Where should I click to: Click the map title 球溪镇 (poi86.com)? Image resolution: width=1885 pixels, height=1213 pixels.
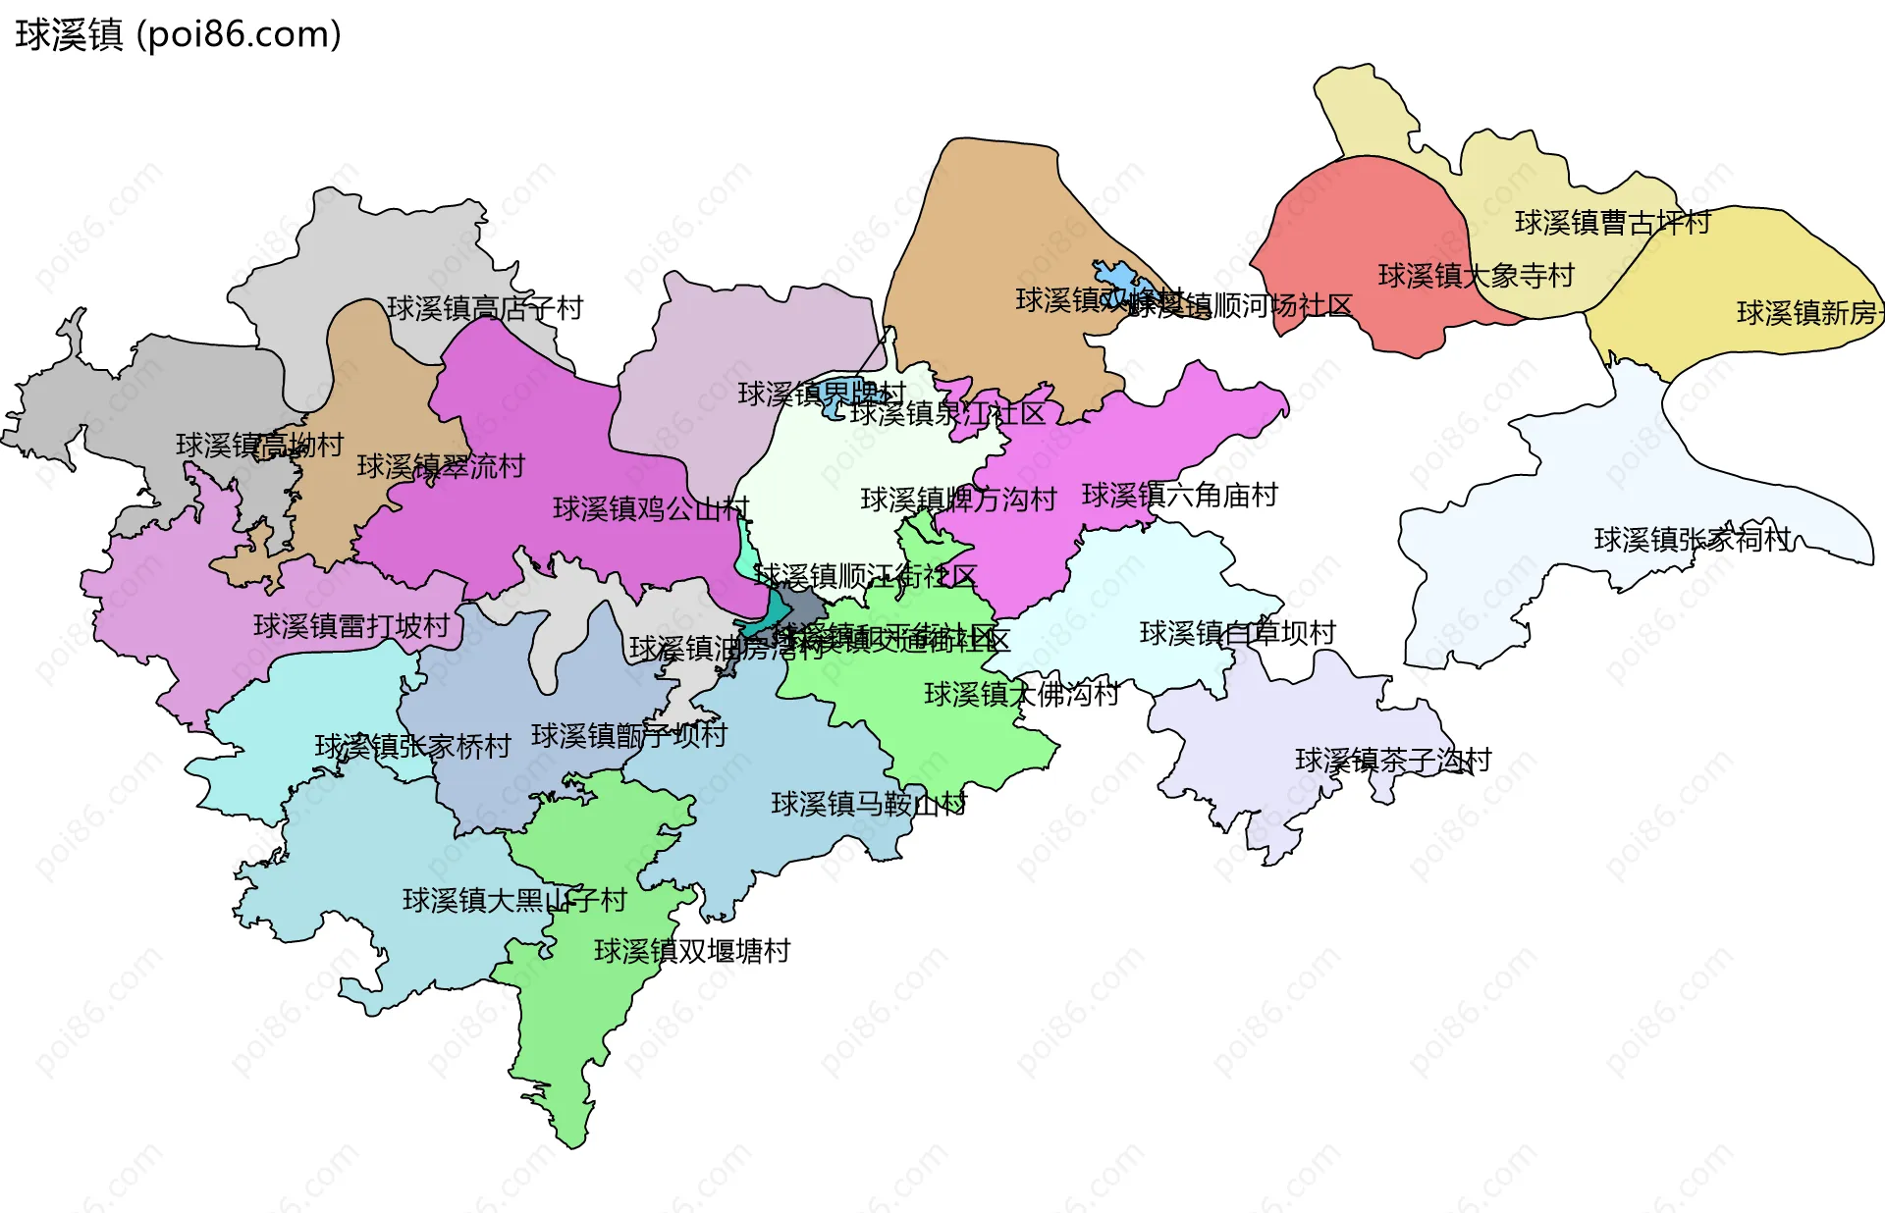pos(178,34)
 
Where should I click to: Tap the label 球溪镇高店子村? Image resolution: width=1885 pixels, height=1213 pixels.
pos(485,308)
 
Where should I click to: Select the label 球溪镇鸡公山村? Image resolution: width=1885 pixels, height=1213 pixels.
pos(651,508)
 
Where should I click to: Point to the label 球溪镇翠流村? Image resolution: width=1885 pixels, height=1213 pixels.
pos(441,466)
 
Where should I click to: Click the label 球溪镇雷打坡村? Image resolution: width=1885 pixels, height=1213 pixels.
pos(351,626)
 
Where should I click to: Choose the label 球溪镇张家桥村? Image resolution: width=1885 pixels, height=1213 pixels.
pos(412,747)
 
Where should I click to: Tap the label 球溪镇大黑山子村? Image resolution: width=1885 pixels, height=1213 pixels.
pos(514,900)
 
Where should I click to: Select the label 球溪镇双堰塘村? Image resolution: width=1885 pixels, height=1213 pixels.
pos(692,951)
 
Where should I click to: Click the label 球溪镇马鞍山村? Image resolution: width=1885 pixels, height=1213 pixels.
pos(868,805)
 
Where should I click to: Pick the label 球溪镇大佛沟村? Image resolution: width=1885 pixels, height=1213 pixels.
pos(1021,695)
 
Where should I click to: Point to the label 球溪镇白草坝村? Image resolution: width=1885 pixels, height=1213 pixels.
pos(1237,633)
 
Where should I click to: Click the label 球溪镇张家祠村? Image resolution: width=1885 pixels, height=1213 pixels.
pos(1692,539)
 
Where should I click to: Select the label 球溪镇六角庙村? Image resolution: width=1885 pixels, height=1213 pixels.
pos(1179,496)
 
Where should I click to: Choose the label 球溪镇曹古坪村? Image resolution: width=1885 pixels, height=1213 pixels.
pos(1612,223)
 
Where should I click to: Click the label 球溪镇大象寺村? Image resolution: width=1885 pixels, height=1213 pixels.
pos(1476,276)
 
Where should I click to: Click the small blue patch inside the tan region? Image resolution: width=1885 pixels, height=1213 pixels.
pos(1119,276)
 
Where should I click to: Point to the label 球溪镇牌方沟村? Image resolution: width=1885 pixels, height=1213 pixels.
pos(958,500)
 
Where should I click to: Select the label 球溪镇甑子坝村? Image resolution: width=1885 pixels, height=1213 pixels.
pos(628,735)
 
